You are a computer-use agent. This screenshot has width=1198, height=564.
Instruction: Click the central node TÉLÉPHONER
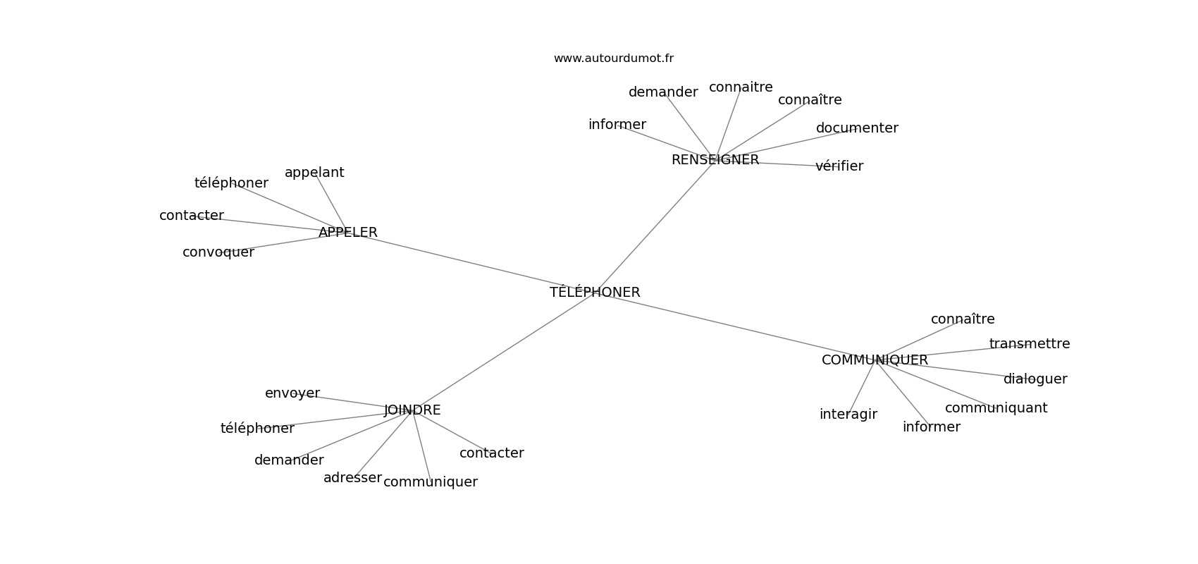(x=595, y=292)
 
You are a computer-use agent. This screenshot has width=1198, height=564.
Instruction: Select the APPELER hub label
(x=347, y=232)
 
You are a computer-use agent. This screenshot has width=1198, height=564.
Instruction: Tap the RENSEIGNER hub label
(x=715, y=159)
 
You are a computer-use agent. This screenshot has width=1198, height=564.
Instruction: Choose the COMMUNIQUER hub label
(x=875, y=360)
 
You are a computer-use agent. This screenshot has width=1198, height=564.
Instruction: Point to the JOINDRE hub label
(x=412, y=410)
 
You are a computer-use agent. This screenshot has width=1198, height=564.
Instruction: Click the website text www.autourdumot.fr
(x=613, y=59)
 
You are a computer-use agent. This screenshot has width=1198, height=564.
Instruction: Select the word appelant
(x=314, y=173)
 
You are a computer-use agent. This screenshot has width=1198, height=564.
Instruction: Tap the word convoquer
(x=218, y=252)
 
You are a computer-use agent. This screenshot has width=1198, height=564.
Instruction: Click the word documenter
(x=857, y=128)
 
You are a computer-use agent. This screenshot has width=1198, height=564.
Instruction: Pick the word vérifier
(x=839, y=166)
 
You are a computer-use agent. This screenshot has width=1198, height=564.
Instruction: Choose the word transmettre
(x=1030, y=343)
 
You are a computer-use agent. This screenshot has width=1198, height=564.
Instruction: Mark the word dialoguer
(x=1035, y=379)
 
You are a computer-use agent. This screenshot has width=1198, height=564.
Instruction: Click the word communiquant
(x=996, y=408)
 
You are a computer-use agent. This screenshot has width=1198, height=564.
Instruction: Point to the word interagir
(x=848, y=415)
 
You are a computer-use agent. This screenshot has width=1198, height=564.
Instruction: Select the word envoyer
(x=292, y=393)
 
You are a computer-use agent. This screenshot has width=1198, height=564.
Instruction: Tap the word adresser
(x=352, y=478)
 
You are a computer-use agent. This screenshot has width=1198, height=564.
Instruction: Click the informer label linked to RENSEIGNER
(x=617, y=125)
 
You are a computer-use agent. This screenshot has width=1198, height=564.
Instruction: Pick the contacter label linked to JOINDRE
(x=491, y=453)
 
